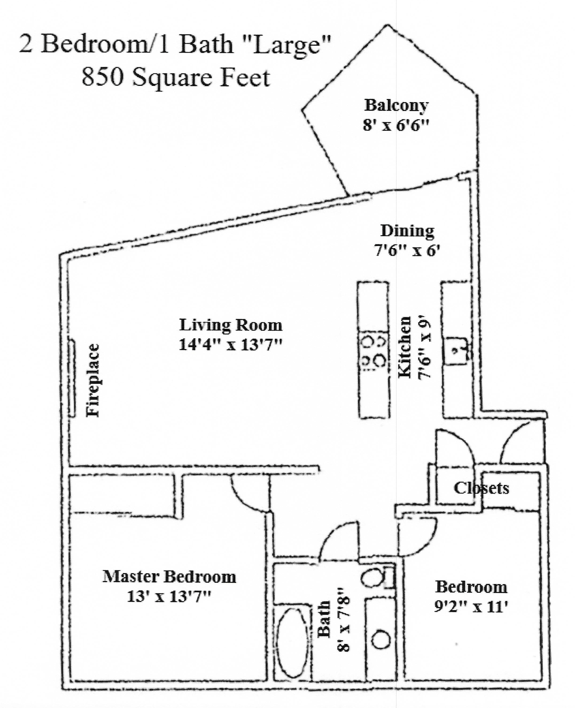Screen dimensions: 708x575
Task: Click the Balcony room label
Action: (x=396, y=106)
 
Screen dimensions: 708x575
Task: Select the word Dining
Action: (x=407, y=231)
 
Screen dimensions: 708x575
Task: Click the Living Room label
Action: (x=231, y=325)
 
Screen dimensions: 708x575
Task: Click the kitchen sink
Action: (x=456, y=350)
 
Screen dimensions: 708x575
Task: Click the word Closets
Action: (x=481, y=488)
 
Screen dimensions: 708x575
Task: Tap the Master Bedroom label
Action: (x=169, y=577)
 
